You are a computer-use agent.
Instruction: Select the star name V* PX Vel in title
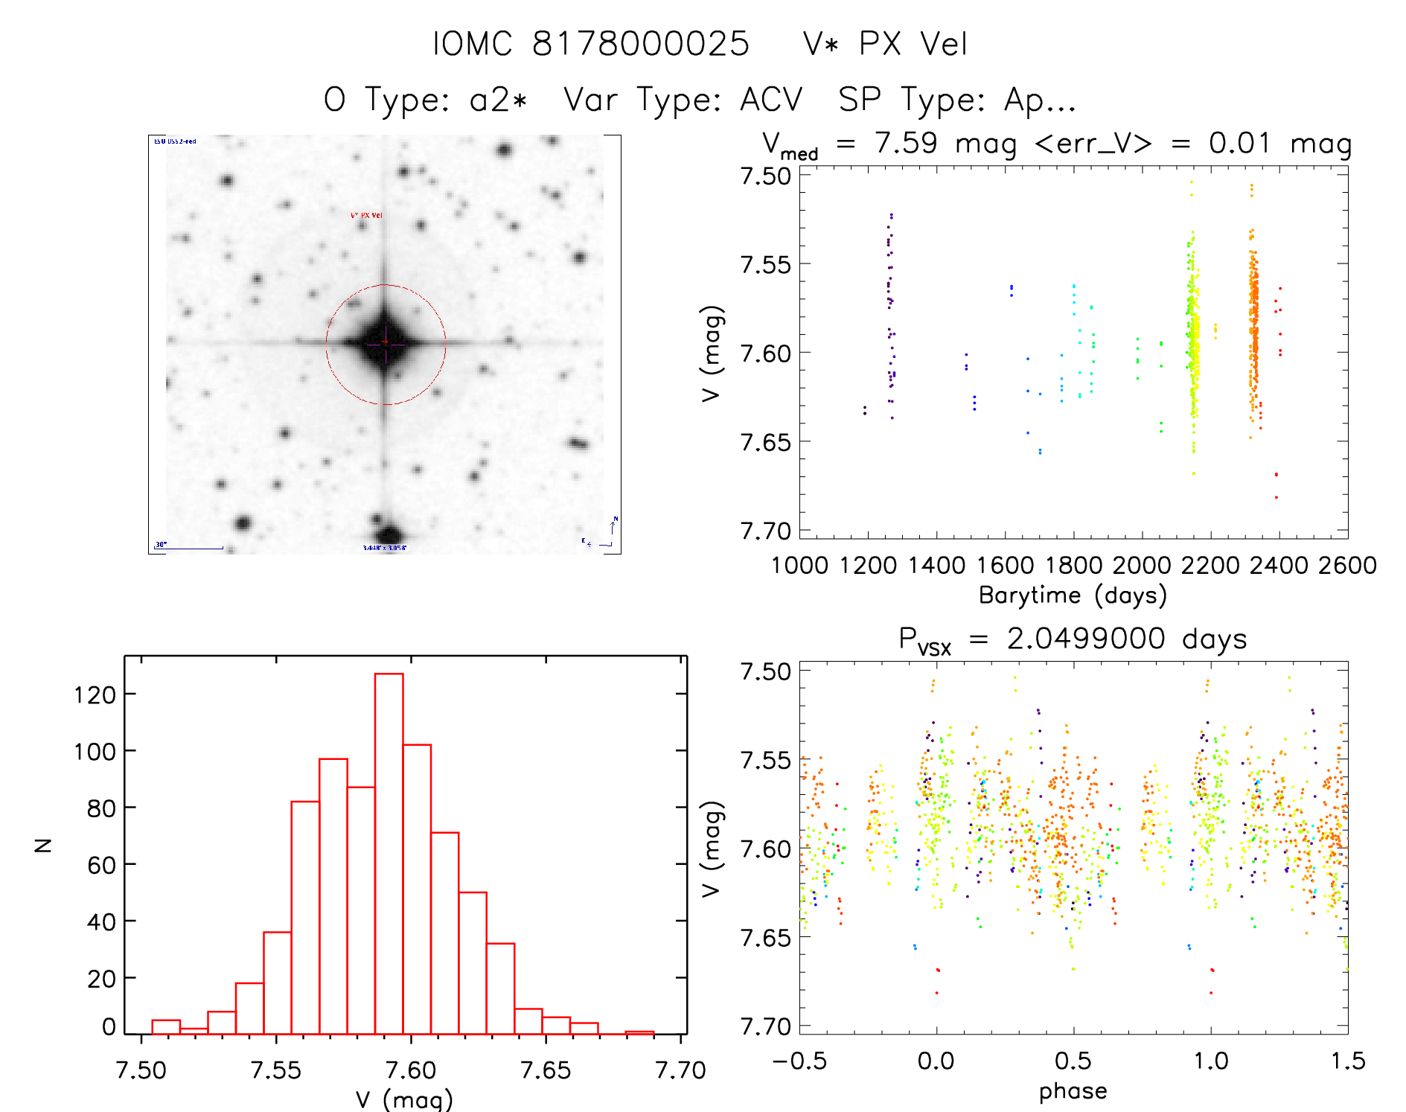click(885, 43)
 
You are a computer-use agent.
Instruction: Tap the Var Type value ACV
click(771, 100)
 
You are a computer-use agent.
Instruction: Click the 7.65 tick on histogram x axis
click(546, 1070)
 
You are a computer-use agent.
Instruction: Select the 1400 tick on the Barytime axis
click(936, 565)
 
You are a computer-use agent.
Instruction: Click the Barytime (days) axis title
click(1073, 595)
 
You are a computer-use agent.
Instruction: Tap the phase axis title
click(1073, 1090)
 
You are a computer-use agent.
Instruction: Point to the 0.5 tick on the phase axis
click(1073, 1061)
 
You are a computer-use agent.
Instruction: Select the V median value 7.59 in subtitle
click(906, 143)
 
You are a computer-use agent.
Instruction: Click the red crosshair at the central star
click(385, 342)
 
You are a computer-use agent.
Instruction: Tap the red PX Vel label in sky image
click(366, 215)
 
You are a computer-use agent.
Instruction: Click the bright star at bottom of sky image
click(389, 534)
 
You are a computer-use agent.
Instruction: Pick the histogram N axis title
click(44, 845)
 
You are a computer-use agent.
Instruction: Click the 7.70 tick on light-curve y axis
click(764, 531)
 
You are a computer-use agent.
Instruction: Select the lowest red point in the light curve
click(1276, 497)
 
